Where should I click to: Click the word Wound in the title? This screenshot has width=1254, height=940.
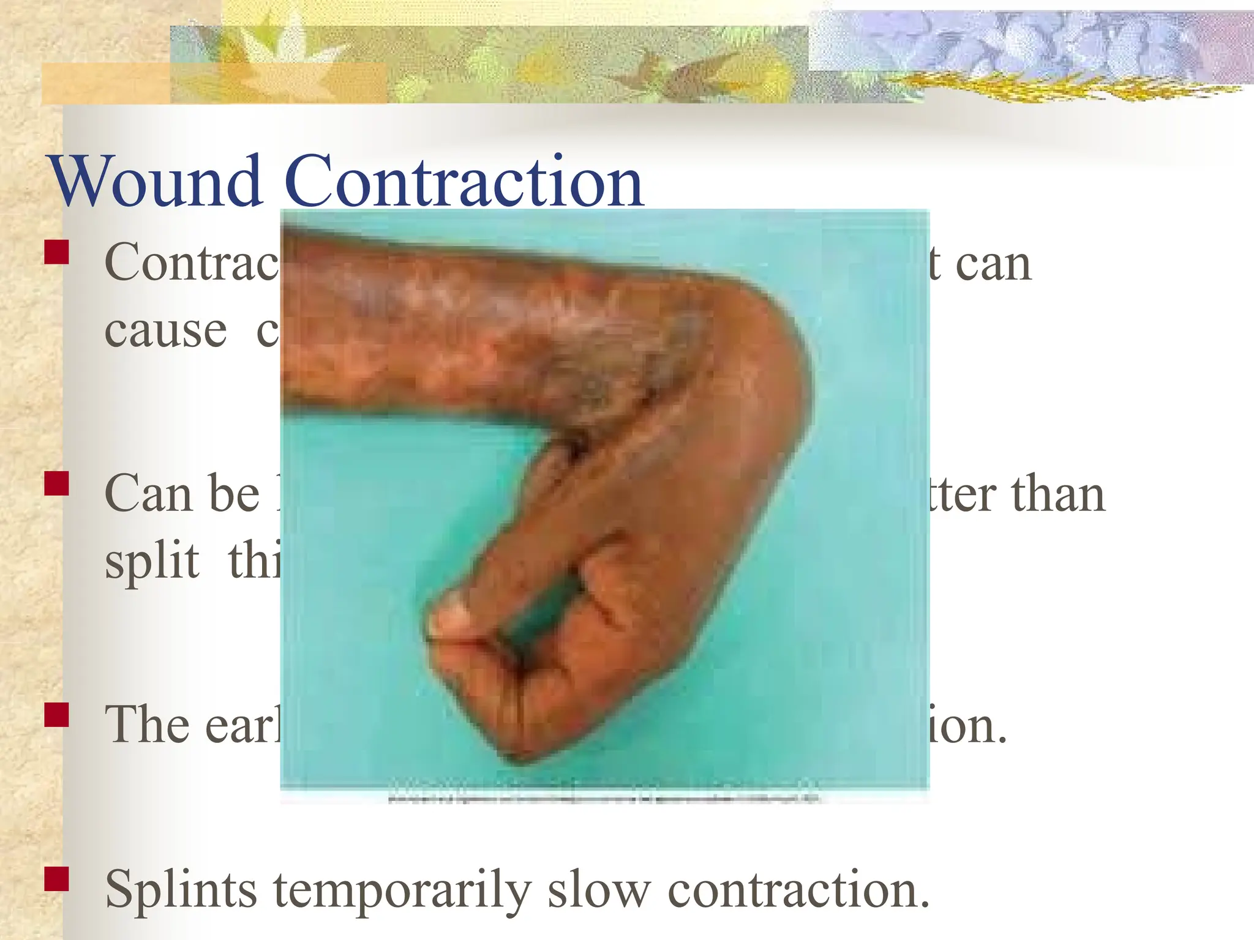[x=157, y=182]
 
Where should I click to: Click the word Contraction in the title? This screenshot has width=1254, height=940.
[x=464, y=182]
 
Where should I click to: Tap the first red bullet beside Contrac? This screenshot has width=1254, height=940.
[x=56, y=252]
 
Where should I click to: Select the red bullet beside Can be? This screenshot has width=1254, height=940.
[x=56, y=482]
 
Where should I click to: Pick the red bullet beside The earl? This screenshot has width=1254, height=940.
[x=56, y=714]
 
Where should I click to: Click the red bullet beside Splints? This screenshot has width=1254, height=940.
[x=56, y=878]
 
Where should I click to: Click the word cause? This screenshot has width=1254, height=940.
[x=165, y=332]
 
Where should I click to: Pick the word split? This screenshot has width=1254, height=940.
[x=152, y=561]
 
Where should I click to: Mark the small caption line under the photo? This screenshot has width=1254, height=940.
[x=604, y=798]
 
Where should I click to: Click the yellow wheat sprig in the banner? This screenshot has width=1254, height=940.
[x=1041, y=86]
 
